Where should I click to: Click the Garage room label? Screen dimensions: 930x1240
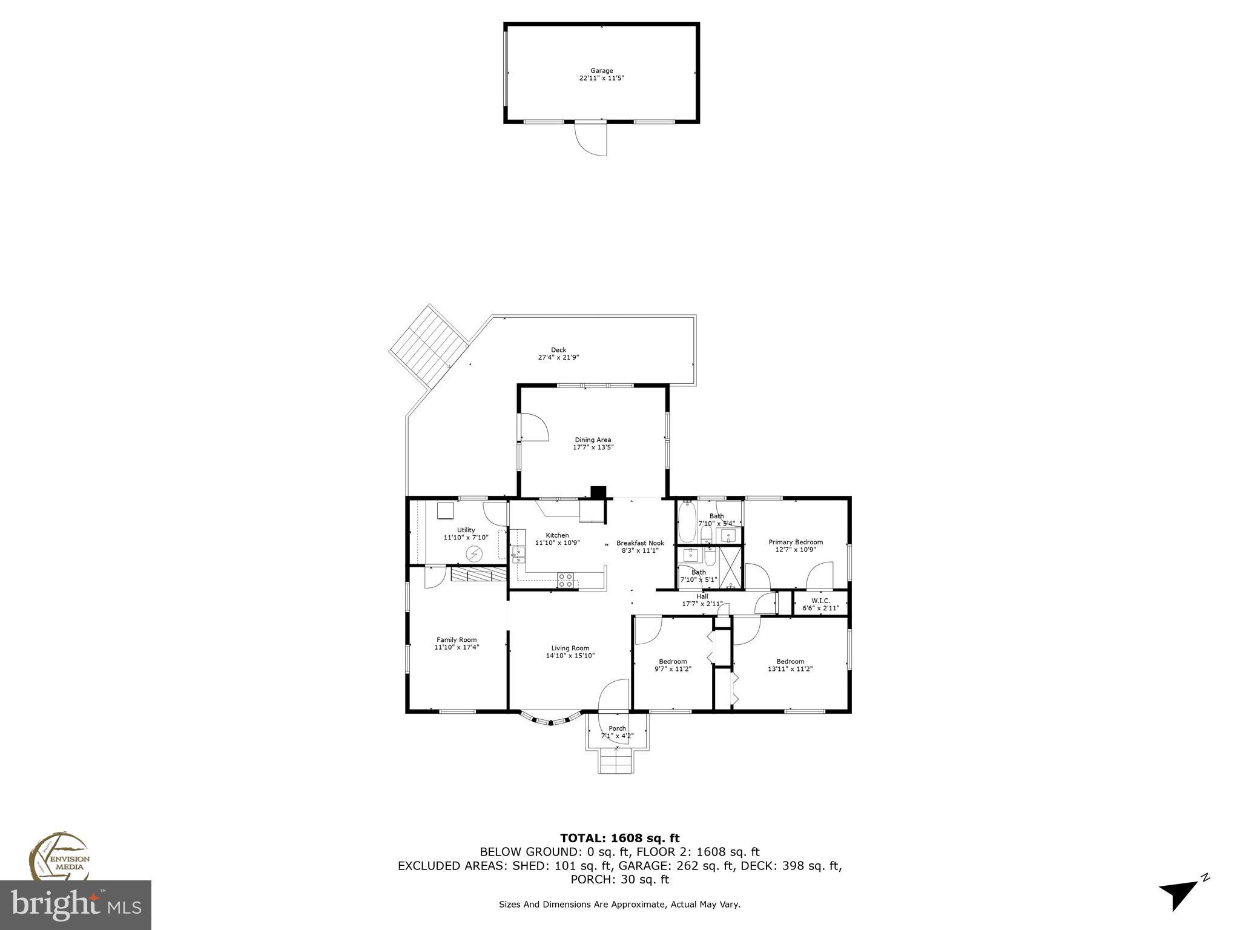pyautogui.click(x=601, y=71)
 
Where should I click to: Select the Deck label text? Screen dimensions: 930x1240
pyautogui.click(x=558, y=350)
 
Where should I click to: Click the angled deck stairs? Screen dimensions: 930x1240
pyautogui.click(x=429, y=347)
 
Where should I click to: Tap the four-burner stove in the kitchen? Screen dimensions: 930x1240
pyautogui.click(x=565, y=580)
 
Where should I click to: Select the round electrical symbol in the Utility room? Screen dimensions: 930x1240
pyautogui.click(x=474, y=553)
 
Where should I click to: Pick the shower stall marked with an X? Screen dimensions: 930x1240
pyautogui.click(x=731, y=567)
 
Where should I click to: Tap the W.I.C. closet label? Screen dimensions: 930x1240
pyautogui.click(x=820, y=601)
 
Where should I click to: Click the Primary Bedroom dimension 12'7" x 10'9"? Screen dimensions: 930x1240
pyautogui.click(x=796, y=550)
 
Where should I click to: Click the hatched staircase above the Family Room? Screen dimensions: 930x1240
pyautogui.click(x=478, y=574)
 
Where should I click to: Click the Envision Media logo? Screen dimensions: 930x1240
pyautogui.click(x=59, y=856)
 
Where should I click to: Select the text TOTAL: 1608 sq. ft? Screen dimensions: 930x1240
pyautogui.click(x=619, y=838)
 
